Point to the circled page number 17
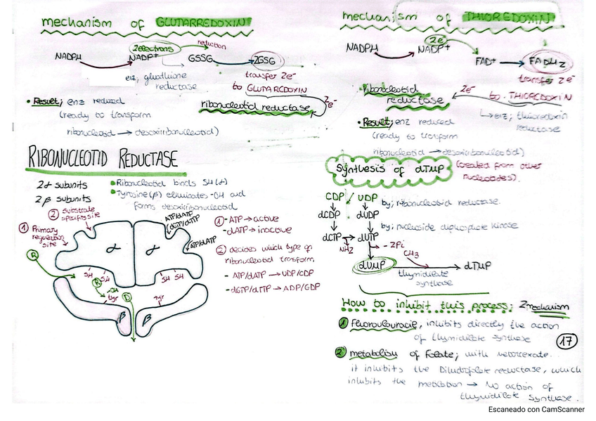pos(566,341)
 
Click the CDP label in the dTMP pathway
pos(335,196)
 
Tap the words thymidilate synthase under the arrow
pos(424,279)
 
